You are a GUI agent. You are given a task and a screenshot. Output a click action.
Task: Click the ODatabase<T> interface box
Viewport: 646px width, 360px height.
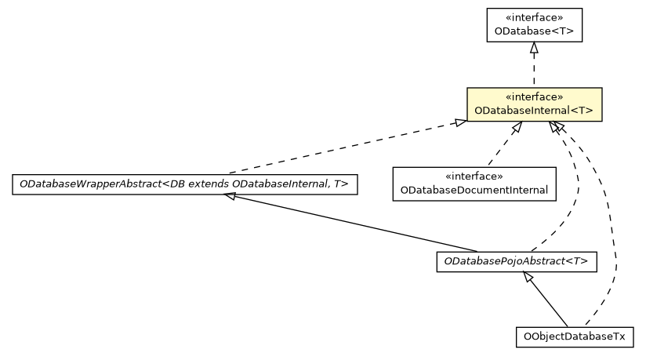click(x=534, y=25)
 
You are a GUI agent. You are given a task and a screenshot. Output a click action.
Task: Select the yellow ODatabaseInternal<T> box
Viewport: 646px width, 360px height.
click(x=534, y=104)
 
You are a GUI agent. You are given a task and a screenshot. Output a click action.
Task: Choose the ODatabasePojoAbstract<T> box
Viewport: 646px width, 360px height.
click(x=516, y=262)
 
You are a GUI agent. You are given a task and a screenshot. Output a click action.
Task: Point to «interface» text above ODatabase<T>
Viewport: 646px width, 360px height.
click(x=534, y=17)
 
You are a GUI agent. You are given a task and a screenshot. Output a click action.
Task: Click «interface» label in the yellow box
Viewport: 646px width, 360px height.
click(x=534, y=97)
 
